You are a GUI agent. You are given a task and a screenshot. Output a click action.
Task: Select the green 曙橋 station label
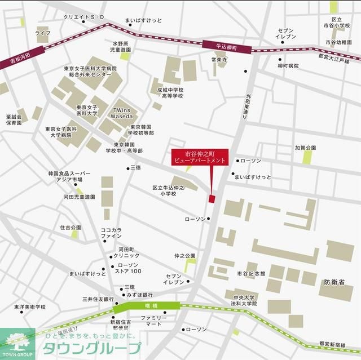click(x=146, y=307)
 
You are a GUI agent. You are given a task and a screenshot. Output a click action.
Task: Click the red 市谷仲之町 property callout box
click(x=199, y=157)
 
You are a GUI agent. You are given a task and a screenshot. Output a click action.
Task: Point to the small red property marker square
click(x=212, y=198)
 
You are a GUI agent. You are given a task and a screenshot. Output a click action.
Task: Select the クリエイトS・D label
click(x=84, y=17)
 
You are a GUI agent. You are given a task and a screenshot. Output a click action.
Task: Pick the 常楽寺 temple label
click(x=219, y=59)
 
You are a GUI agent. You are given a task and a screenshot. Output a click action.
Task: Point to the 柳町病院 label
click(x=288, y=66)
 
